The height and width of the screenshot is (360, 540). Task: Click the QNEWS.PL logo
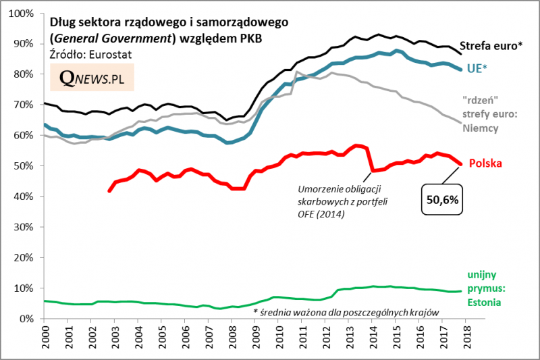(92, 78)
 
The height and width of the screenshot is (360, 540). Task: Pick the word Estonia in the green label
(485, 302)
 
